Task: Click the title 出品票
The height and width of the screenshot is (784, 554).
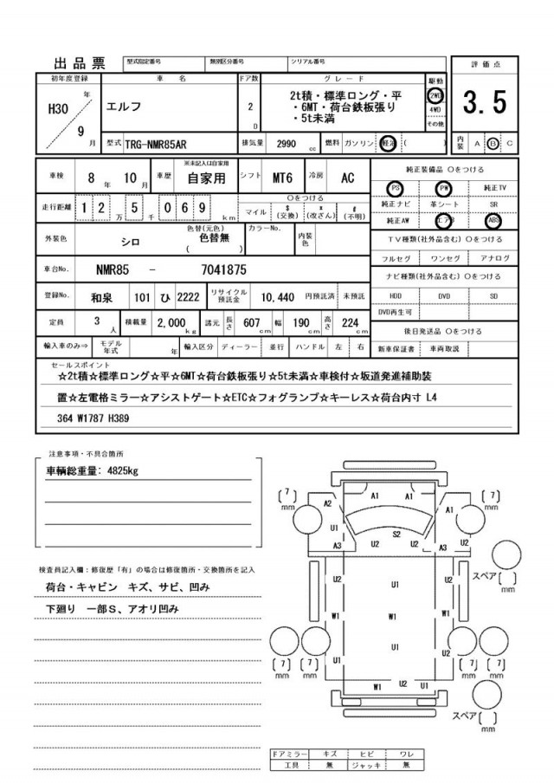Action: pos(80,63)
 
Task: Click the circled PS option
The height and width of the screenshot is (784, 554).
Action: pos(395,187)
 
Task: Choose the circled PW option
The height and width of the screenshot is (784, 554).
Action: pos(444,187)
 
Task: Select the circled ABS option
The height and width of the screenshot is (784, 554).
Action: pos(493,220)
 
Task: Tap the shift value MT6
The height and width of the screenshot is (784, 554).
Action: pos(282,178)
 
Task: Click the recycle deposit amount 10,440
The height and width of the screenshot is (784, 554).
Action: pos(278,295)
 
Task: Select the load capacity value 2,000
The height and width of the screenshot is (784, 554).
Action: pos(173,322)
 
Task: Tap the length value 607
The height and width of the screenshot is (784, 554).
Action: pos(253,322)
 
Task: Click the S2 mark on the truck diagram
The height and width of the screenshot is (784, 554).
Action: pos(396,535)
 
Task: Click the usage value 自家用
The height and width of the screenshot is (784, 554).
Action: pos(205,178)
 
